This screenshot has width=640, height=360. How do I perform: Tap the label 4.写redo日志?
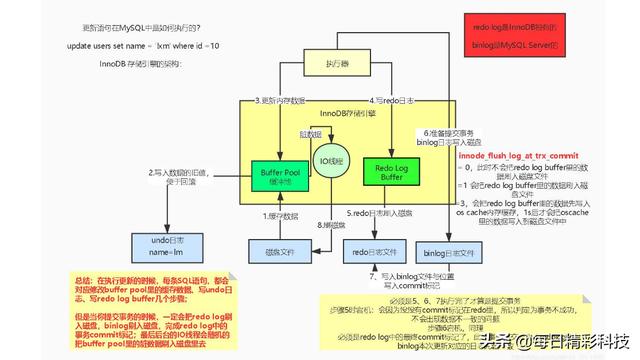[391, 101]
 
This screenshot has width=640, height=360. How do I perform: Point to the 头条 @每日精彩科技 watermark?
[560, 339]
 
